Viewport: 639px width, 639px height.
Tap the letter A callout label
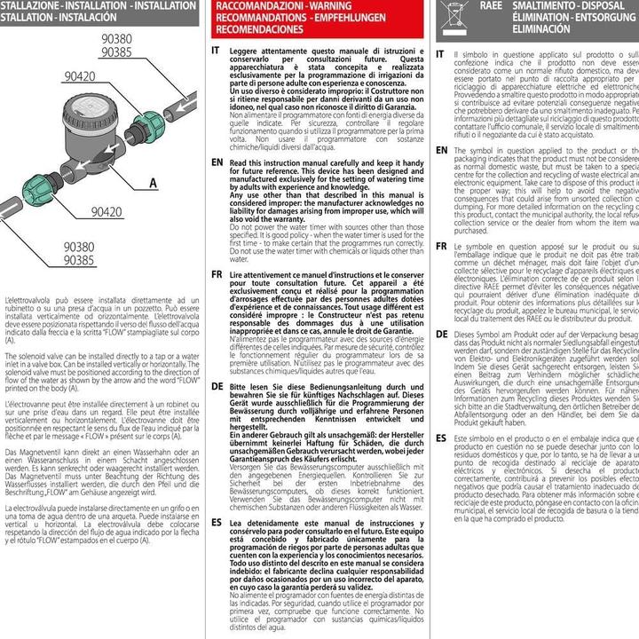[x=152, y=184]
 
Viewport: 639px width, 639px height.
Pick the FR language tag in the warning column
[x=217, y=277]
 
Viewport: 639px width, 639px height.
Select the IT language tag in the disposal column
[x=441, y=54]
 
